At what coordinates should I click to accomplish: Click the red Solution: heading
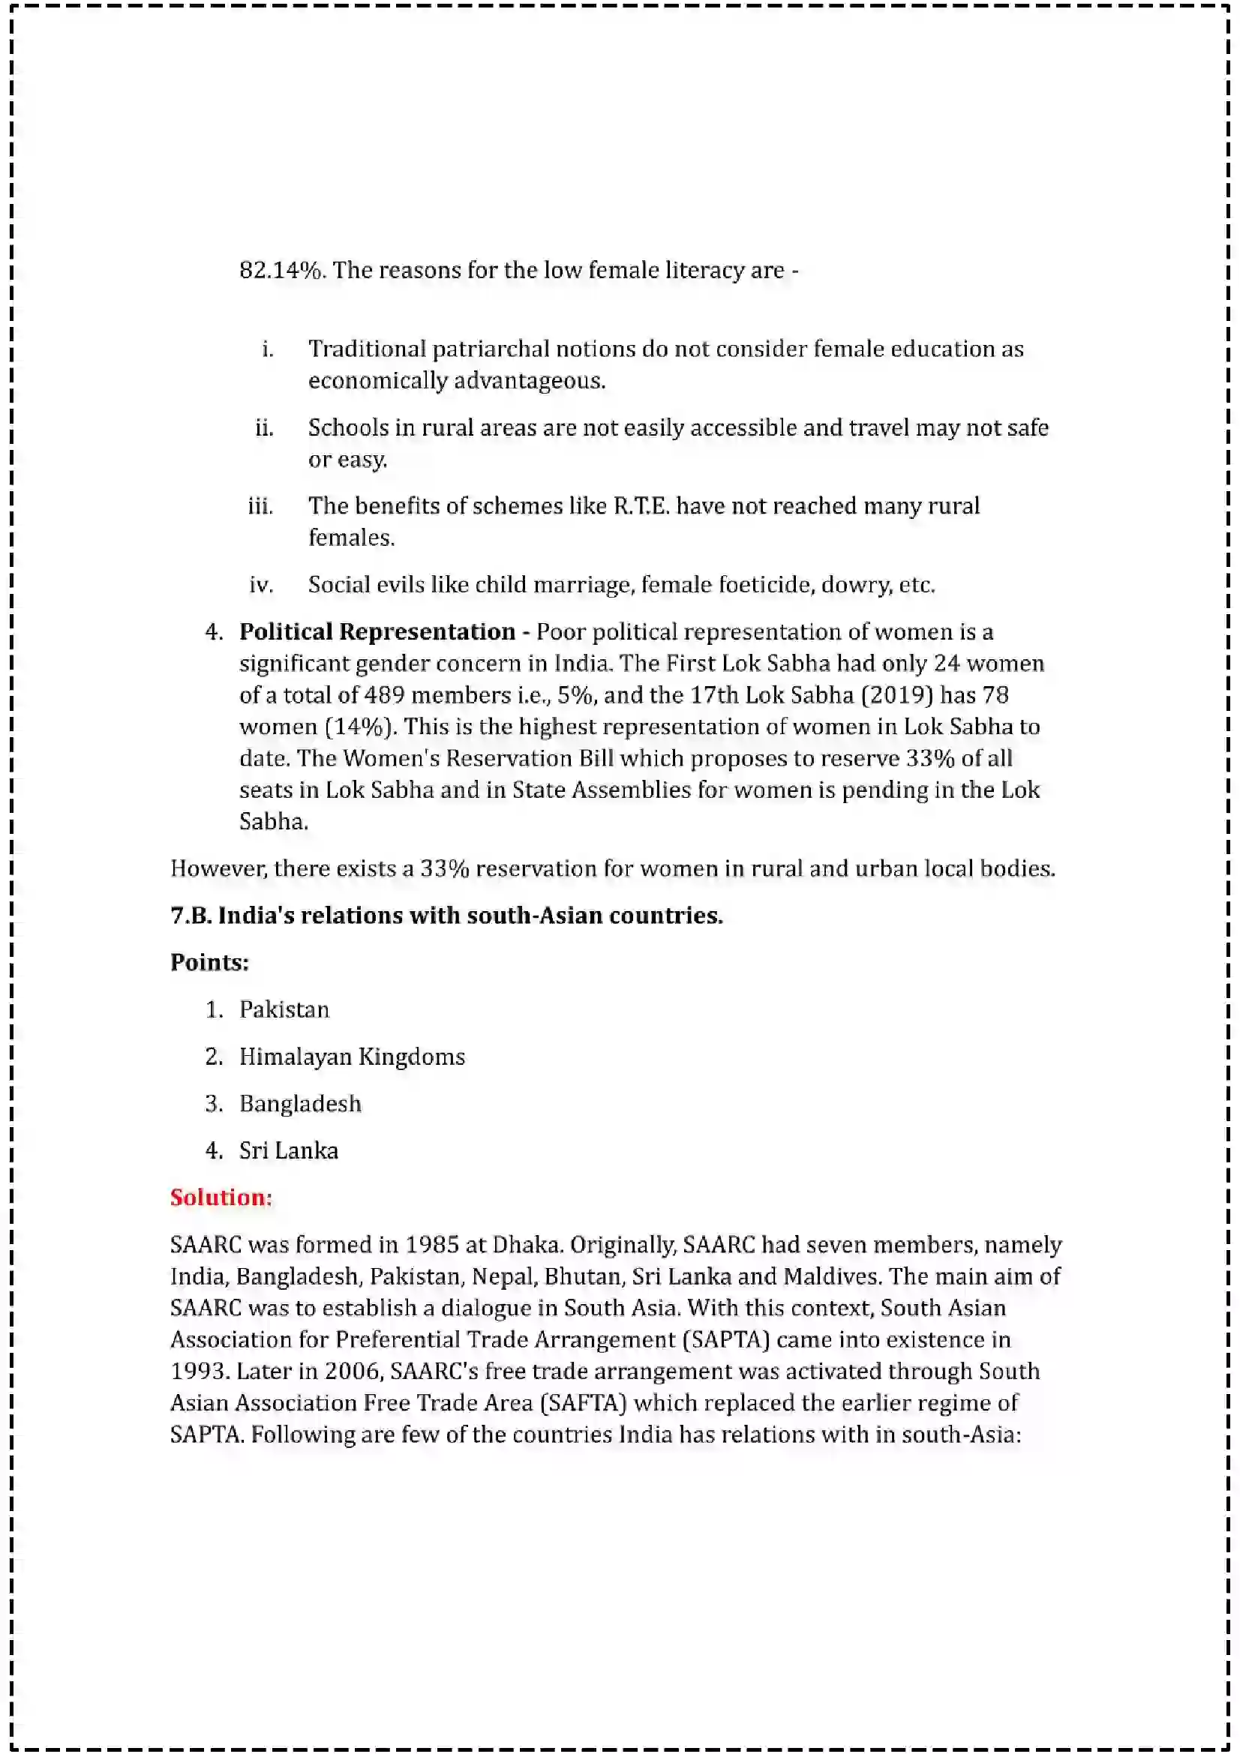point(221,1197)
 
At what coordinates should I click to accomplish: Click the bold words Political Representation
point(377,631)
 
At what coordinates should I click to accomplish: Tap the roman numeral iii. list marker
point(260,506)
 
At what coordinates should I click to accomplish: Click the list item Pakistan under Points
point(284,1010)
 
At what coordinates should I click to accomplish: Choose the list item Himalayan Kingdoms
point(353,1057)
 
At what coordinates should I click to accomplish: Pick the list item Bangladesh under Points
point(300,1104)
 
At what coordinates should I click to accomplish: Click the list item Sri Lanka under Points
point(289,1151)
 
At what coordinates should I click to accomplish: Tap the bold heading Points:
point(209,963)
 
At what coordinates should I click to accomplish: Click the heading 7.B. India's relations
point(446,915)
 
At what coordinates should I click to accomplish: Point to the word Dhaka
point(527,1245)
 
